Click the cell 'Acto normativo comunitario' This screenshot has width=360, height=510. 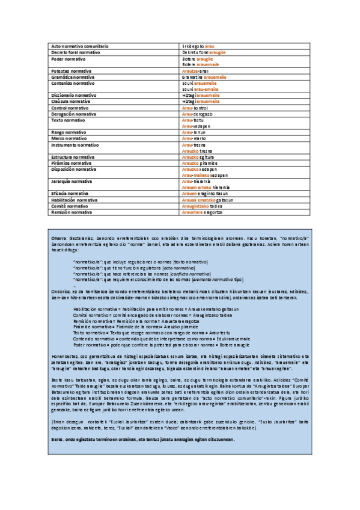(x=80, y=46)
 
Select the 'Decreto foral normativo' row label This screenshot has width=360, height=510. (x=76, y=53)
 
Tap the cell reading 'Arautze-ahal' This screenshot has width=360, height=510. (x=195, y=71)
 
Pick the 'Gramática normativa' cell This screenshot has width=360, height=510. (x=72, y=77)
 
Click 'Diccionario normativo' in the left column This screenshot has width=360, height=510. (x=74, y=96)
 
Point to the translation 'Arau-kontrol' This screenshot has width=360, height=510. (x=196, y=108)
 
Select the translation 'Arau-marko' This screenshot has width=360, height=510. (x=195, y=138)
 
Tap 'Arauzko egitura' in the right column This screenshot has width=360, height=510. (x=198, y=157)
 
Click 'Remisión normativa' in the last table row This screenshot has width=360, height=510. (x=72, y=212)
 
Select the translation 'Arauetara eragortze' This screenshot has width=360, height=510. (x=202, y=212)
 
